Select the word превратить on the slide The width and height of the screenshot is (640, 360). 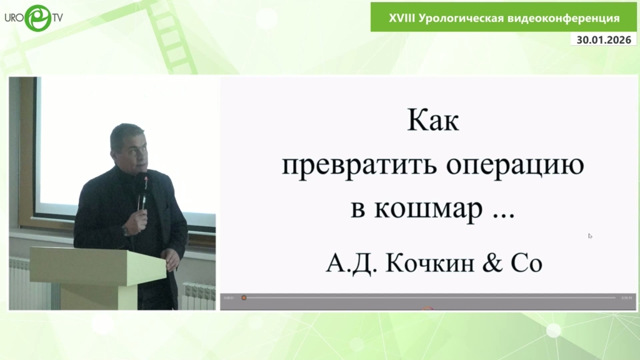click(x=359, y=165)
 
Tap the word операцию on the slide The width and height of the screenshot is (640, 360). click(x=515, y=166)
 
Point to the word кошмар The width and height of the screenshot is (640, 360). click(x=428, y=209)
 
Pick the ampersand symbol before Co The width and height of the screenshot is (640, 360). click(x=492, y=262)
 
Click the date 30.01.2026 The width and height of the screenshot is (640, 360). click(x=604, y=39)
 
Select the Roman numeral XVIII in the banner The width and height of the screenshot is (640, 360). click(x=401, y=18)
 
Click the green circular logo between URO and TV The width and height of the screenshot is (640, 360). click(x=38, y=18)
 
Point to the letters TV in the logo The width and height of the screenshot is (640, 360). click(x=57, y=18)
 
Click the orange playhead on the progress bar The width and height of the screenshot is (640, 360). click(x=244, y=298)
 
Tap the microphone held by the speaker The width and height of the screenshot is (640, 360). click(x=142, y=190)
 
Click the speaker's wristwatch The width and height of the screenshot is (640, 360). click(x=126, y=231)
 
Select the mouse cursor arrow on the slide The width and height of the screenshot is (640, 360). click(x=590, y=236)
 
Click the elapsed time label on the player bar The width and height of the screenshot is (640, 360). click(x=229, y=298)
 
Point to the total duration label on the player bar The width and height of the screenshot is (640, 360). click(x=626, y=298)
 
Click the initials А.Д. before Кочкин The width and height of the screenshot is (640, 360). click(x=351, y=263)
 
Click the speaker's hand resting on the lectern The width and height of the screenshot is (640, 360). click(x=172, y=259)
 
